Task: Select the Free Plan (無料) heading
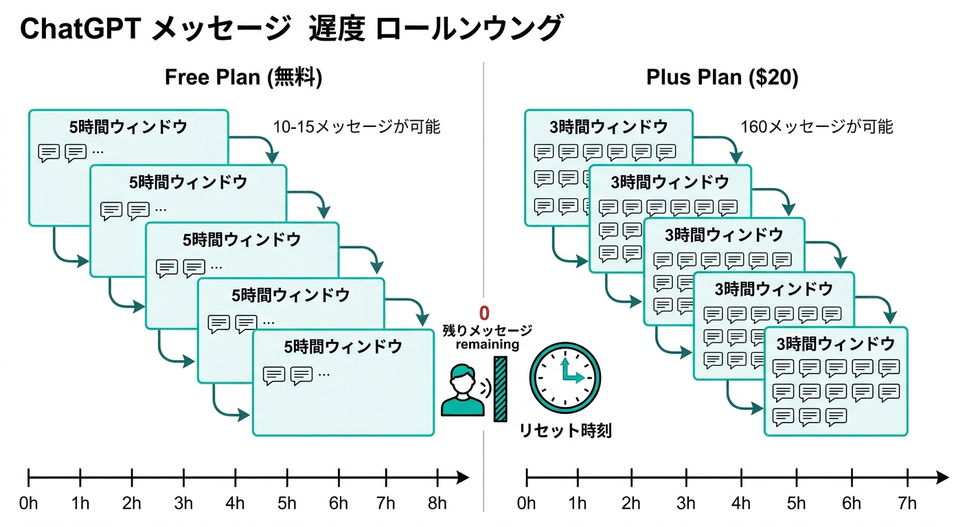pos(243,78)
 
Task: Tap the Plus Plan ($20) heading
pos(722,78)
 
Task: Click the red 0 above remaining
pos(484,314)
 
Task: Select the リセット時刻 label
pos(565,431)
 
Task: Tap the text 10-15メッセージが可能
pos(356,127)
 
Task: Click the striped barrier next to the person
pos(500,388)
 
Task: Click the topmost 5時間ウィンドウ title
pos(128,127)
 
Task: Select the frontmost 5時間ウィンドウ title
pos(343,347)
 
